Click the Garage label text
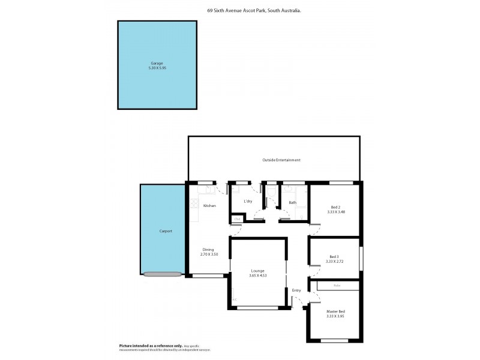pos(156,63)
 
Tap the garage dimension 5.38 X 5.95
pos(156,68)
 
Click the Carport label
pos(166,231)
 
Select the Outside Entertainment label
pos(281,160)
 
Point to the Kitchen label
pos(209,206)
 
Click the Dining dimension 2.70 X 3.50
pos(209,254)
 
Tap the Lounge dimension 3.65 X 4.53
pos(257,275)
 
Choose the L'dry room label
pos(248,202)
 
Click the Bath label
pos(292,203)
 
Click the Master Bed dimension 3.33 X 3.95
pos(335,315)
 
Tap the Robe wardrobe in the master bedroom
pos(337,286)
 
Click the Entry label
pos(296,290)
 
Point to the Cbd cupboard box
pos(237,219)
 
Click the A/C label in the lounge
pos(234,299)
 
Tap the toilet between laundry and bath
pos(271,193)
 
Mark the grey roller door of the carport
pos(162,274)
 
